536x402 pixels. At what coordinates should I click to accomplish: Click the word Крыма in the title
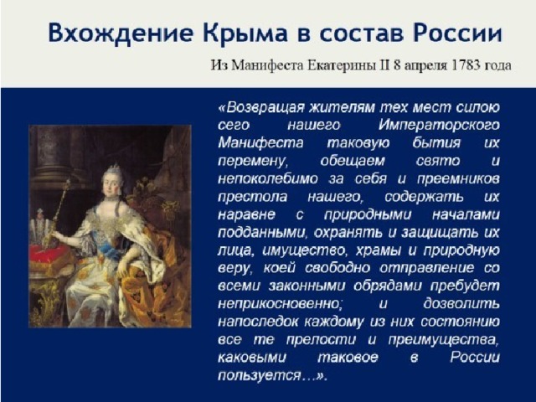point(245,33)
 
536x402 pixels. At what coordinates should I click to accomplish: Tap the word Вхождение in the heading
point(120,33)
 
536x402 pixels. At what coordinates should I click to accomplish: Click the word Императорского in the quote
point(439,126)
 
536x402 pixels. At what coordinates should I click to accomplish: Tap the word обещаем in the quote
point(353,161)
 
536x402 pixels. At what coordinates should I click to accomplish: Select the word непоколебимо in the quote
point(268,178)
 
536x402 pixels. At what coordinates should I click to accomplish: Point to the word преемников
point(458,179)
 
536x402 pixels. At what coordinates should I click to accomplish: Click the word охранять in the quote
point(348,233)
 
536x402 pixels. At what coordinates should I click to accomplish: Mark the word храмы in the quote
point(379,250)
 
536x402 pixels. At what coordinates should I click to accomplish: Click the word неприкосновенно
point(280,304)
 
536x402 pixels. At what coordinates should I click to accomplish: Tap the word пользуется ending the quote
point(259,375)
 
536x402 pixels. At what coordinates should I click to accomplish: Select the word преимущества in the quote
point(442,340)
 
